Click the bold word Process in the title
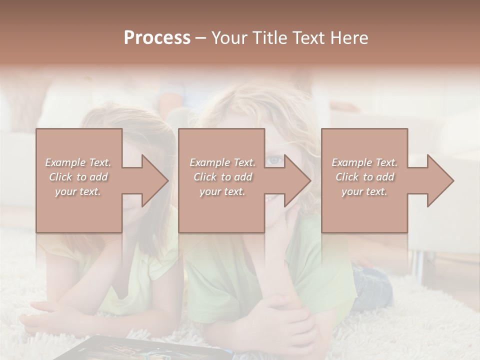click(157, 38)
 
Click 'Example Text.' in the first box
click(78, 162)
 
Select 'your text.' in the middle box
click(222, 192)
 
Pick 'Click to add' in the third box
click(364, 177)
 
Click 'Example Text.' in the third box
click(364, 162)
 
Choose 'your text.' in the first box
click(78, 192)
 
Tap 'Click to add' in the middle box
click(222, 177)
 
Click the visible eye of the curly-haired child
click(273, 160)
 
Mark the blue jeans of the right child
click(372, 285)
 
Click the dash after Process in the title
click(201, 38)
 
